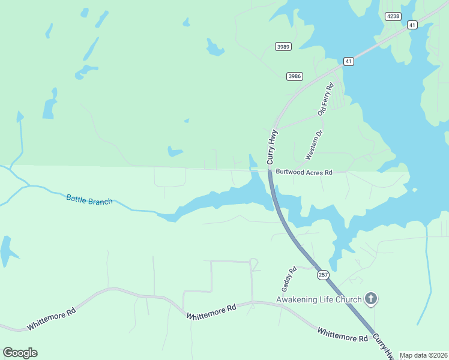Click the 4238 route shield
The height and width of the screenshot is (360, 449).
(x=393, y=16)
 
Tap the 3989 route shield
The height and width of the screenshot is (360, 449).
(x=283, y=46)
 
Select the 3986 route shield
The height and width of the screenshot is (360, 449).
(x=294, y=76)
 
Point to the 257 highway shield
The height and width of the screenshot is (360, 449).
(x=324, y=275)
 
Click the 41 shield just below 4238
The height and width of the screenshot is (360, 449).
(x=411, y=25)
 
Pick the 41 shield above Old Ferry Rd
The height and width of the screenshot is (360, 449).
(x=348, y=61)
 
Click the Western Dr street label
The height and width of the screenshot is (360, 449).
(x=314, y=145)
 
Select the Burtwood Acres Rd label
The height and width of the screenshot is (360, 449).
(x=304, y=172)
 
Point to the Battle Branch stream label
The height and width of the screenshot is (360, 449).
(x=89, y=199)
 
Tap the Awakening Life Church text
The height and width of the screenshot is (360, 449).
(x=318, y=299)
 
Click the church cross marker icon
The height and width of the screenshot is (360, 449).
(x=371, y=298)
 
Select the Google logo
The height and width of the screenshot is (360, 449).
(x=20, y=353)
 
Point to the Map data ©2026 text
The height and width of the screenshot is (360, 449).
(x=423, y=355)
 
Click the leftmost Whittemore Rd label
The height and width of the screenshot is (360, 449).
(x=51, y=320)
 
